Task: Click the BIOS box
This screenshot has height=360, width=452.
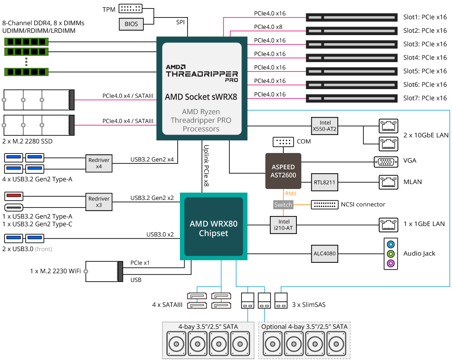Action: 131,24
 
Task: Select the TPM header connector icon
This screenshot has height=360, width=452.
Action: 130,9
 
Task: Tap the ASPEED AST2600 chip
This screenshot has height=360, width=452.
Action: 283,171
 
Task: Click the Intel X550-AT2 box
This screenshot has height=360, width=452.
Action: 325,126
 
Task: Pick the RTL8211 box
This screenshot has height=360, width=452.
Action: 325,182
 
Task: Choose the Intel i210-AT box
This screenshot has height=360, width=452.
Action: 283,224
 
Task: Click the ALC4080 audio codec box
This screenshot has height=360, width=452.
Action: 325,253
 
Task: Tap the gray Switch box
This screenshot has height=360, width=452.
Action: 283,205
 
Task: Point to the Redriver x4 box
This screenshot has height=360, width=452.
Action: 99,163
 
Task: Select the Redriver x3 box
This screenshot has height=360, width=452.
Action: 99,202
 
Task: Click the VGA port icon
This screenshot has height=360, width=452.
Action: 385,162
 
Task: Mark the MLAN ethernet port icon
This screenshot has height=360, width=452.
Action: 387,182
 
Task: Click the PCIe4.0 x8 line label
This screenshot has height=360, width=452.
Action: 268,27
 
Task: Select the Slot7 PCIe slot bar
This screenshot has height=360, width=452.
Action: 351,98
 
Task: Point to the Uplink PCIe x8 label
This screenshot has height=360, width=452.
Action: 206,166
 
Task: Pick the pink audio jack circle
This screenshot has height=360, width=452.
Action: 390,263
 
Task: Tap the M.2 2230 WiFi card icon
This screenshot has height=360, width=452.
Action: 104,271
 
